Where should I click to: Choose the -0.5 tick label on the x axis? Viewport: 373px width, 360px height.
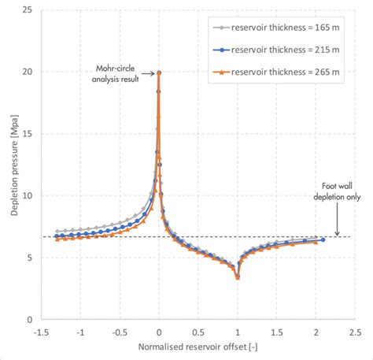pos(120,332)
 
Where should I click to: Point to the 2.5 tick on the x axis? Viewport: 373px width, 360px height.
pos(355,332)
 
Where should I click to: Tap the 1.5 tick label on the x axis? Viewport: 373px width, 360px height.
pos(276,332)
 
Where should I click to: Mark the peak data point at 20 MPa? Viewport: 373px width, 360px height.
pos(159,73)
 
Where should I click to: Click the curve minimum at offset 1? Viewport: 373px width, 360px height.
pos(238,277)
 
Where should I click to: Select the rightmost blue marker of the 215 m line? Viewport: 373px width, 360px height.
pos(323,240)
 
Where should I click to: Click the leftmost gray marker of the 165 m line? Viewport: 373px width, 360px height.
pos(57,232)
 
